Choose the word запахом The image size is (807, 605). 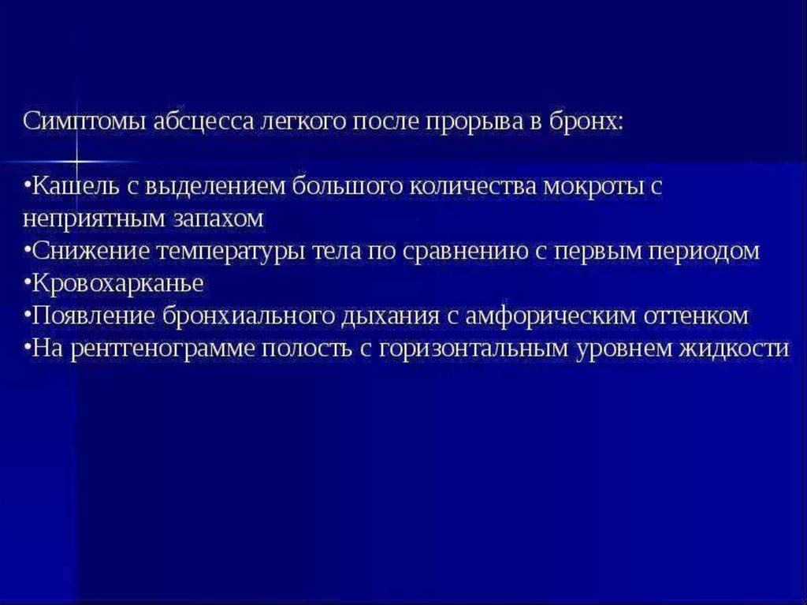pos(218,219)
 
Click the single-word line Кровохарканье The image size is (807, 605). pos(117,284)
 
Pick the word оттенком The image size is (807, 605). pos(696,316)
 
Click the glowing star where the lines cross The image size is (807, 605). pos(76,162)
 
